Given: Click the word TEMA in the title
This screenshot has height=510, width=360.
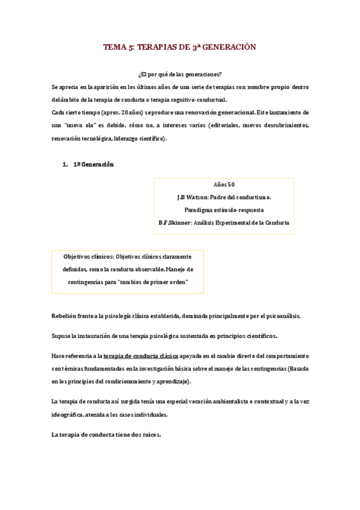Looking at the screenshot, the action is coord(114,47).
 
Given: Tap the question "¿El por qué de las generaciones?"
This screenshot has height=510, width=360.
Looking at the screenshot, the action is coord(180,75).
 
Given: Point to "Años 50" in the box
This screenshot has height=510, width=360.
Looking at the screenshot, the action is coord(224,185).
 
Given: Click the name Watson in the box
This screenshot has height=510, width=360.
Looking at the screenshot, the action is coord(195,197).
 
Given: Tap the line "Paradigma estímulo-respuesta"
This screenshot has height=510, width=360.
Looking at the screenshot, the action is coord(224,210).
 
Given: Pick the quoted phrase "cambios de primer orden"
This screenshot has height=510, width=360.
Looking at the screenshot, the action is coord(154,281).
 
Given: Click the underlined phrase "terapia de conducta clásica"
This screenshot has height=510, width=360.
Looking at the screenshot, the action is coord(141,356).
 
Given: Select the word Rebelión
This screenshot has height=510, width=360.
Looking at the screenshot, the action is coord(64,316).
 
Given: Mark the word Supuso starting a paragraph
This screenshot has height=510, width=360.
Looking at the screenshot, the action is coord(61,336).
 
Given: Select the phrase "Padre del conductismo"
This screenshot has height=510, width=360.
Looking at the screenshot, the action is coord(240,197).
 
